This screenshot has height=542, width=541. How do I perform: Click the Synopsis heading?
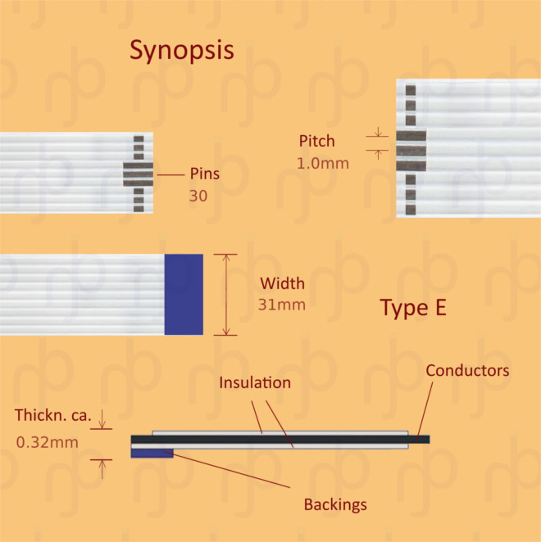(182, 51)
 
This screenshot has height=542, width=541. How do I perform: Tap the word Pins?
(204, 174)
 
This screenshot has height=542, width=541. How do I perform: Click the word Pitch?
(316, 142)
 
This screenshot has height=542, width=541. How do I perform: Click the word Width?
(282, 284)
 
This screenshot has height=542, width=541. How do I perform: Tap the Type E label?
(414, 309)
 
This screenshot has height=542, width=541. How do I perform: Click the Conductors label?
(467, 371)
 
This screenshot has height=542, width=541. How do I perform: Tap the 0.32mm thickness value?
(48, 443)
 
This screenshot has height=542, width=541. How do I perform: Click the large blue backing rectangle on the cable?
(184, 294)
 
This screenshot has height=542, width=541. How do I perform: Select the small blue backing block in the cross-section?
(152, 453)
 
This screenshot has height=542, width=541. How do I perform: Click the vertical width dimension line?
(225, 294)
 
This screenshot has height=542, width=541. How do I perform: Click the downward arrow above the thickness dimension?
(102, 425)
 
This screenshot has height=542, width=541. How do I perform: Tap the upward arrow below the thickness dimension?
(102, 467)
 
